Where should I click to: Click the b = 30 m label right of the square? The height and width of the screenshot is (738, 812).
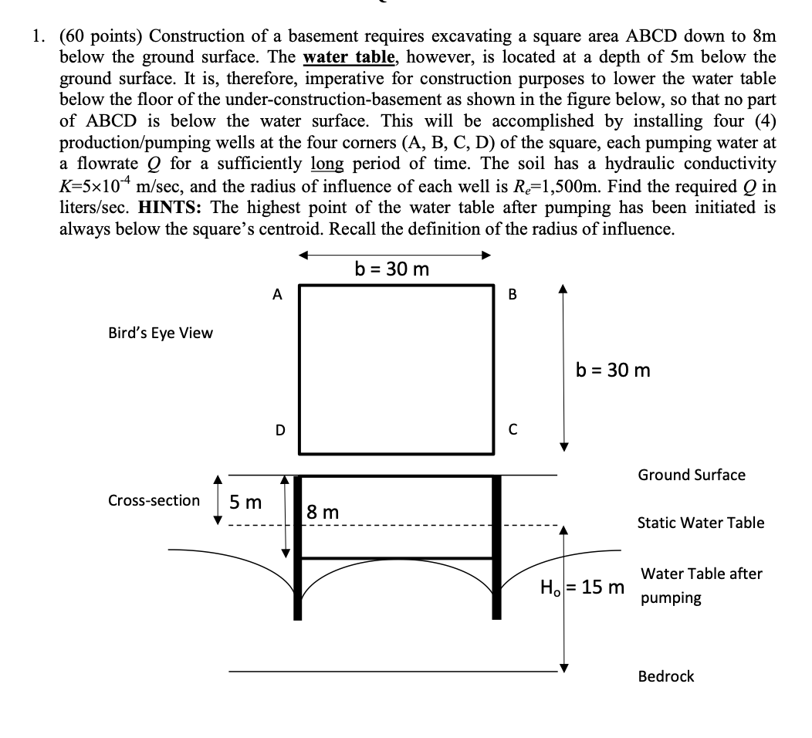click(614, 371)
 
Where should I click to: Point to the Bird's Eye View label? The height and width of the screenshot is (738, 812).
click(161, 333)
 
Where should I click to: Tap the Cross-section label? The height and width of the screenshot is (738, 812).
click(154, 500)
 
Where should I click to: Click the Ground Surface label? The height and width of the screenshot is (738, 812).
click(692, 475)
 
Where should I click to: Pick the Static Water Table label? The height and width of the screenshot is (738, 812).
click(701, 523)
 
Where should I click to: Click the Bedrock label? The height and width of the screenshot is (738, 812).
click(666, 676)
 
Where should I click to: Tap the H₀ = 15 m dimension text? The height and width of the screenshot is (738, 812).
click(582, 587)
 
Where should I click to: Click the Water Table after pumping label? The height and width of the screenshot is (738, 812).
click(701, 585)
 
